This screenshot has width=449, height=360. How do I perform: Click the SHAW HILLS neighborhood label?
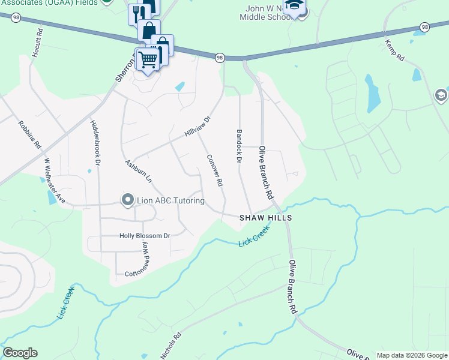tap(266, 218)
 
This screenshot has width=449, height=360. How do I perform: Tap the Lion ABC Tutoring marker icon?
tap(127, 200)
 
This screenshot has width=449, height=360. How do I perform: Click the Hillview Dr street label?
tap(199, 126)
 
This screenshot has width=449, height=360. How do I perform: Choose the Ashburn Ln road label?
tap(139, 171)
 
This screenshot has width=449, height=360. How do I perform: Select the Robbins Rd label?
tap(29, 135)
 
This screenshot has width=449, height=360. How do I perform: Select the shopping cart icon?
tap(147, 59)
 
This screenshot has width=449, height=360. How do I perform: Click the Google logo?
tap(20, 353)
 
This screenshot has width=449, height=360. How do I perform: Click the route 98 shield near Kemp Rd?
tap(424, 27)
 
